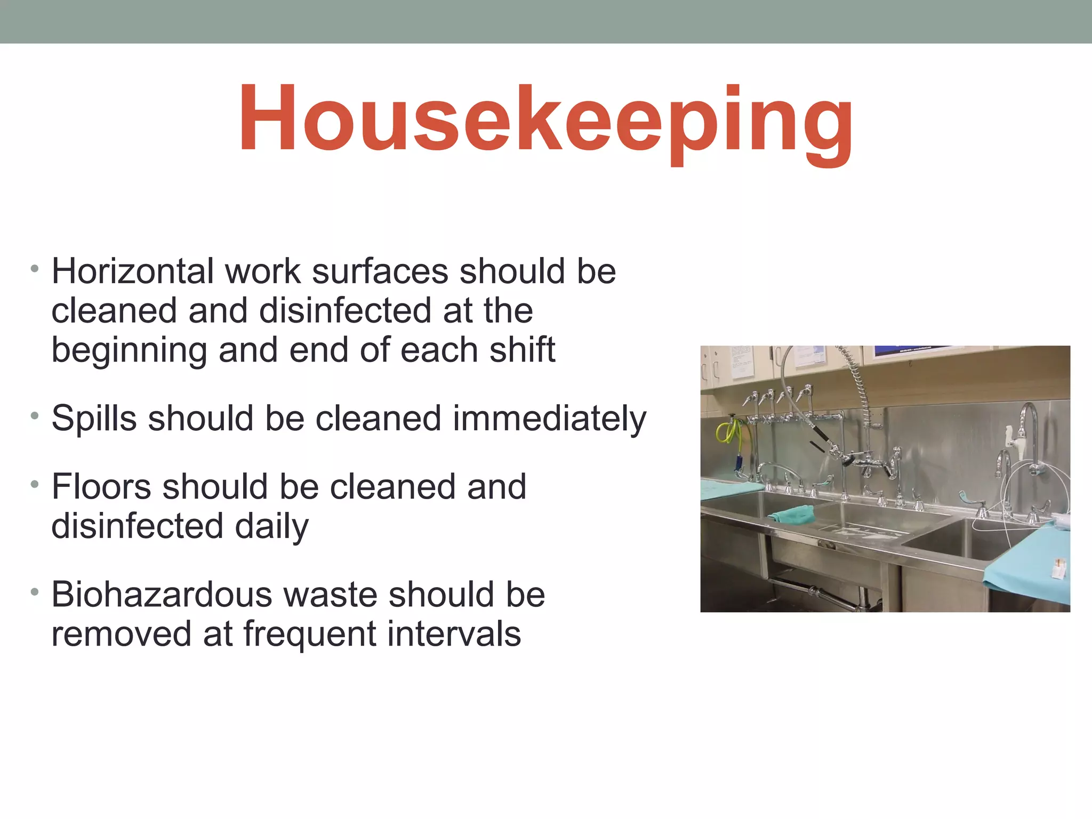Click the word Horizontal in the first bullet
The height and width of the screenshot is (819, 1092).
pos(132,271)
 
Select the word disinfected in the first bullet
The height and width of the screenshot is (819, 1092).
pos(344,310)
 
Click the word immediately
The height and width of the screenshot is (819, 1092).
pos(549,418)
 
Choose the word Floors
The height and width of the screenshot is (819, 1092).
pos(101,486)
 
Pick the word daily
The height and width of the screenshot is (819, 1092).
pos(271,526)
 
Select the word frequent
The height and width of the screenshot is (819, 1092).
pos(309,634)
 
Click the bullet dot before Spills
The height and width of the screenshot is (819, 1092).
pos(35,415)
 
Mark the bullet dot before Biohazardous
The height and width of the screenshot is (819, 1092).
pos(35,591)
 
